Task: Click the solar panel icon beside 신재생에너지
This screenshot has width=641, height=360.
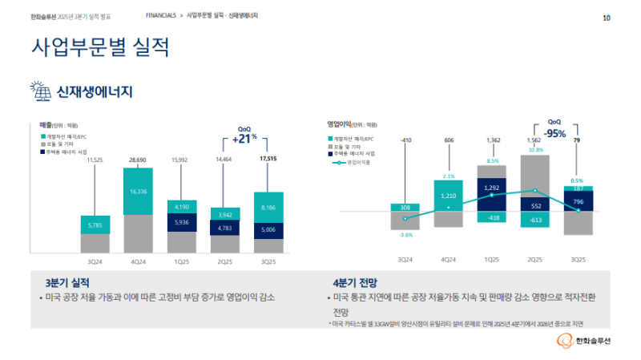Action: coord(39,91)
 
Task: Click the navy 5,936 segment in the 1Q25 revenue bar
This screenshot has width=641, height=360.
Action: coord(181,222)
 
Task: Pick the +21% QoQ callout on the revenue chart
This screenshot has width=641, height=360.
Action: coord(244,139)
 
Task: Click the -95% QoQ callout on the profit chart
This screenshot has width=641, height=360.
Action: coord(555,133)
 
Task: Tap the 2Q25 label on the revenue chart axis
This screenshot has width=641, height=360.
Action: coord(224,261)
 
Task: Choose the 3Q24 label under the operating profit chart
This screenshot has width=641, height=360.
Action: coord(405,259)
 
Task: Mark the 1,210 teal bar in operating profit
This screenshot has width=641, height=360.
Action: coord(449,196)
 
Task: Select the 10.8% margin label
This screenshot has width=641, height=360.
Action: coord(535,150)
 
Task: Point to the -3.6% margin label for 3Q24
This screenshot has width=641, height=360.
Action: coord(405,235)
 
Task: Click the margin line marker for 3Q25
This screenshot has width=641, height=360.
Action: coord(578,210)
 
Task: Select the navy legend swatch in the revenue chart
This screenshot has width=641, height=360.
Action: coord(42,152)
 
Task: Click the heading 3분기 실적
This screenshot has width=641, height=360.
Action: coord(68,283)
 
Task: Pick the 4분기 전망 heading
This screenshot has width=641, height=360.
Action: coord(355,283)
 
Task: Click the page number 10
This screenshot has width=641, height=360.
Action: coord(607,16)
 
